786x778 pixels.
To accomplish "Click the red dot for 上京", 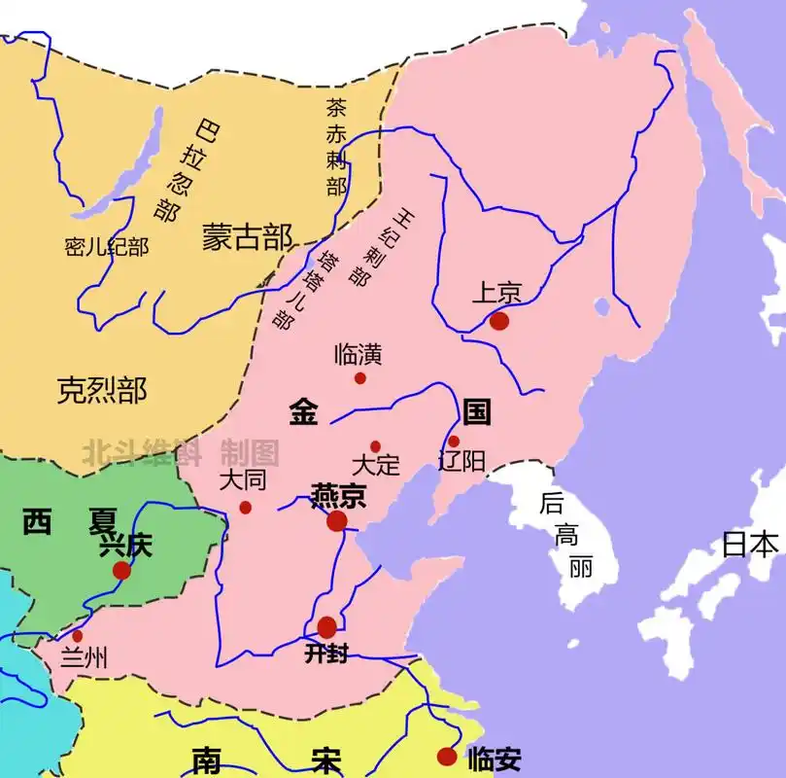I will click(x=499, y=321).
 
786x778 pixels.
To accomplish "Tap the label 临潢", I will click(x=357, y=353).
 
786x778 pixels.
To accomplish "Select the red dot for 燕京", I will click(x=337, y=522).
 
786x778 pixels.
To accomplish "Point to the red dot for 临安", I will click(x=447, y=757).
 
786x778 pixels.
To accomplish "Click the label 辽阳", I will click(x=461, y=461).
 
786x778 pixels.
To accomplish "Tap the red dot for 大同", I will click(x=246, y=508).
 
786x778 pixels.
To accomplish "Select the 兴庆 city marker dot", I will click(x=121, y=570).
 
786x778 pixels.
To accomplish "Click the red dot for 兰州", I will click(x=78, y=636).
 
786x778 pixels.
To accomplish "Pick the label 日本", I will click(x=750, y=544).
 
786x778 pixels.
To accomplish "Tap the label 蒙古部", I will click(x=247, y=236).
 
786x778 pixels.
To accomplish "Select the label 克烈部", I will click(x=101, y=390).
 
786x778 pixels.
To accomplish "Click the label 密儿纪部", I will click(x=107, y=247).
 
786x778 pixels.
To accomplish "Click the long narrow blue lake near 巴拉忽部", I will click(x=127, y=165).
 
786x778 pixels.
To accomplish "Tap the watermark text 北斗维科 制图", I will click(x=181, y=452).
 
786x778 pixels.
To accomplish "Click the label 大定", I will click(x=375, y=465).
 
